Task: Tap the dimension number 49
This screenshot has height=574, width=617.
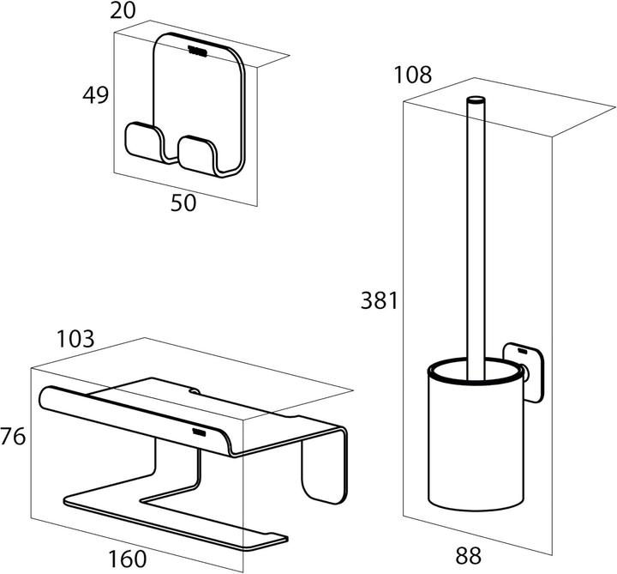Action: pos(95,95)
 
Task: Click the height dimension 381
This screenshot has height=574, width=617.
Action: pos(377,300)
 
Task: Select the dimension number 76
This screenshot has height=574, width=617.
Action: pos(13,437)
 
